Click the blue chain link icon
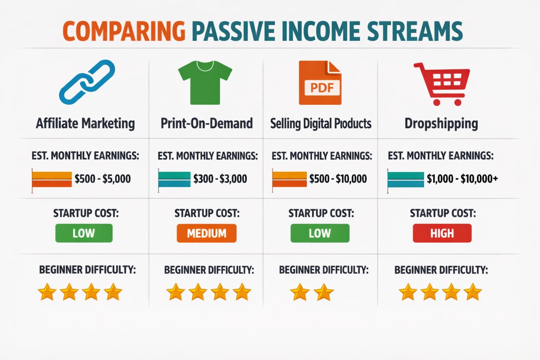click(87, 82)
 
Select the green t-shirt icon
click(205, 83)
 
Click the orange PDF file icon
click(320, 83)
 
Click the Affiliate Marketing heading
click(85, 124)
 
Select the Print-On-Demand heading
click(207, 124)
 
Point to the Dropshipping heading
click(441, 124)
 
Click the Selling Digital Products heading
click(321, 124)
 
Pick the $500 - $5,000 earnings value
click(102, 179)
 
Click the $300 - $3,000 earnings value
click(220, 179)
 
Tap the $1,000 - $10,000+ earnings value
click(462, 179)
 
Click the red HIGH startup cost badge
click(442, 233)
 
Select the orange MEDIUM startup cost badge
click(206, 233)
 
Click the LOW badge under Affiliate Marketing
click(84, 233)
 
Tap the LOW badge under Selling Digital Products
click(320, 233)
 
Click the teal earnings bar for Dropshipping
click(406, 180)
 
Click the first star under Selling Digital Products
click(300, 292)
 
